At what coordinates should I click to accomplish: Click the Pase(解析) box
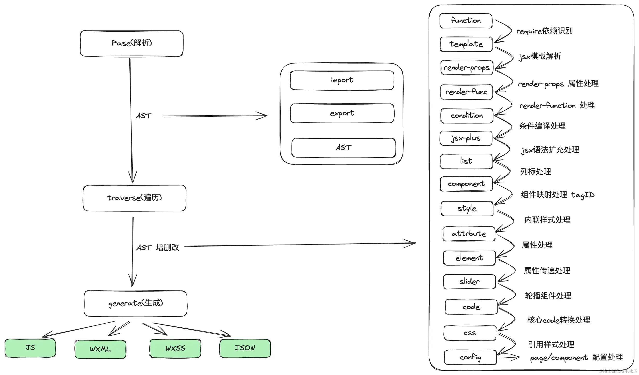pos(132,43)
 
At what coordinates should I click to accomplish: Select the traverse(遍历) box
pos(134,198)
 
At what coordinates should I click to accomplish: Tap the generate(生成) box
pos(135,303)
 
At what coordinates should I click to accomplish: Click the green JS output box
pos(30,348)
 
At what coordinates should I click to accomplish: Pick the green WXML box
pos(100,349)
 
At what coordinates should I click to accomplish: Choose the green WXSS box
pos(175,348)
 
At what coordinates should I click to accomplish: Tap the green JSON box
pos(245,348)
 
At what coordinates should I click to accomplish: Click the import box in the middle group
pos(342,80)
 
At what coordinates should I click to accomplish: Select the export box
pos(342,113)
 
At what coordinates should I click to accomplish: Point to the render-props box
pos(467,68)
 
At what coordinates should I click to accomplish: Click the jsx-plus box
pos(466,138)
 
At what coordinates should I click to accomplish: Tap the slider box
pos(469,281)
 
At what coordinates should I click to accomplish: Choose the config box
pos(470,357)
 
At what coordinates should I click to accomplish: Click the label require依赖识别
pos(544,31)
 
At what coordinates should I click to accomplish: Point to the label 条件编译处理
pos(542,126)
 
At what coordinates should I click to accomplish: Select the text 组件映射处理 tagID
pos(558,195)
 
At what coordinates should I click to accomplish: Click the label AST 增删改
pos(157,247)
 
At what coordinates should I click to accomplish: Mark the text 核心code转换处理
pos(559,320)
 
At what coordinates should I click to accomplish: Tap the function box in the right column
pos(466,21)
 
